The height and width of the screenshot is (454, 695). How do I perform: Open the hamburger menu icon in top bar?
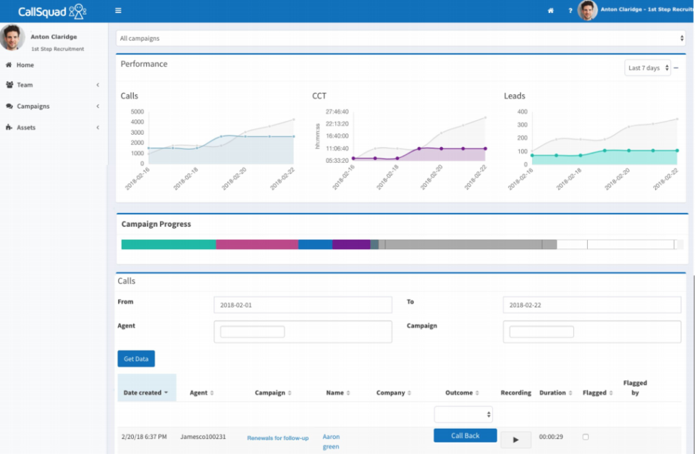118,11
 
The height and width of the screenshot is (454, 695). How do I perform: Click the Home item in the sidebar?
25,65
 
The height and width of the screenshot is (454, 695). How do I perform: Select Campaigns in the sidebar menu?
33,106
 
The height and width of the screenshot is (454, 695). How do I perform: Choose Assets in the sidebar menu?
26,127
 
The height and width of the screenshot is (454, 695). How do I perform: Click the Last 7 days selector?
647,68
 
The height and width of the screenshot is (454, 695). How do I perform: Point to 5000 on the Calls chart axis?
137,112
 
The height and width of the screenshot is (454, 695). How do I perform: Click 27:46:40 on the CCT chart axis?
337,112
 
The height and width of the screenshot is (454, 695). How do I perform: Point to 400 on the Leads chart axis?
521,112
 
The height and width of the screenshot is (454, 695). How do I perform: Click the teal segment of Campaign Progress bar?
169,245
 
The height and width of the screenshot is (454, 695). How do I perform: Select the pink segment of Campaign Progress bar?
257,245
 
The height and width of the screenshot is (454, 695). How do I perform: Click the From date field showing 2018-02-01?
303,305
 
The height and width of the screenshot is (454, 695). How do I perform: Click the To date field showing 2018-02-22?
591,305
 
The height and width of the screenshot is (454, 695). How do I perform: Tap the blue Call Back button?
465,436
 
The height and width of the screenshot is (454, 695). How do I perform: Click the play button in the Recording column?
515,440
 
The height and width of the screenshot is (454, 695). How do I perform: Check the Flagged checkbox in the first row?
586,437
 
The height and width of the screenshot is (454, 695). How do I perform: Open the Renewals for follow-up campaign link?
278,438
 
